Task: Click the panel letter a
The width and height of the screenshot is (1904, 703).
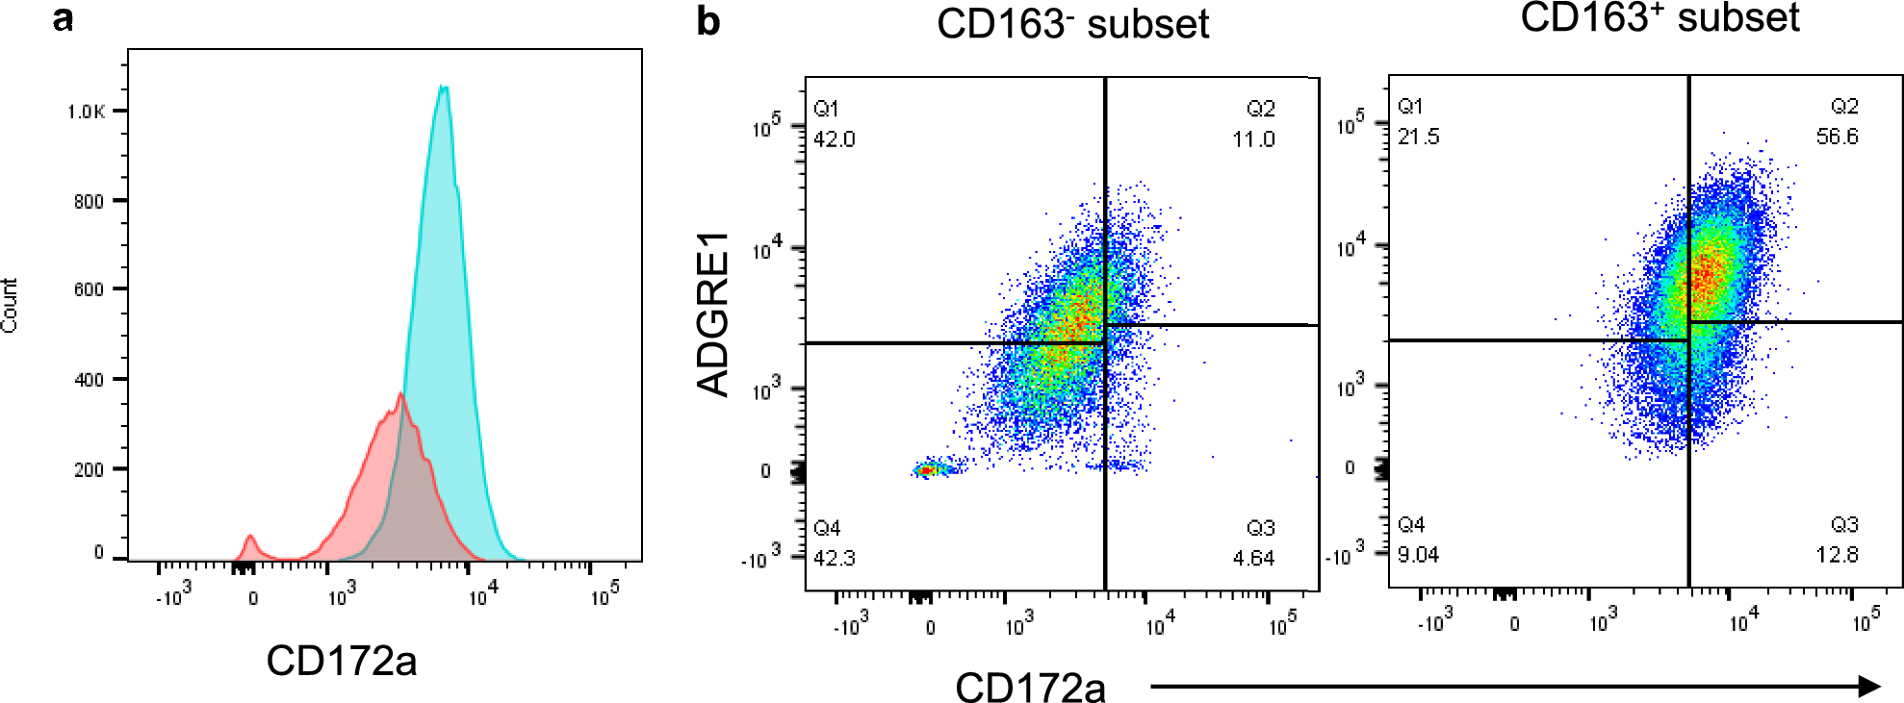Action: pyautogui.click(x=64, y=18)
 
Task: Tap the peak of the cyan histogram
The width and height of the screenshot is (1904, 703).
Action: pyautogui.click(x=443, y=88)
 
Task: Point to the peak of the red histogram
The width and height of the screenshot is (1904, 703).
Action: pyautogui.click(x=399, y=393)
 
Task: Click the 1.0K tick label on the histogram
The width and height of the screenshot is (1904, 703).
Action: pyautogui.click(x=86, y=112)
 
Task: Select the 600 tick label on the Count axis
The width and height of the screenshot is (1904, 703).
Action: pyautogui.click(x=89, y=289)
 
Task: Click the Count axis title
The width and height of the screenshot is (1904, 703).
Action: pyautogui.click(x=10, y=306)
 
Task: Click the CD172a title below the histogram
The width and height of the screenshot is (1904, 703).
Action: pyautogui.click(x=341, y=661)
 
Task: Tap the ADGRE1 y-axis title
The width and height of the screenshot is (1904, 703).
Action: pyautogui.click(x=713, y=314)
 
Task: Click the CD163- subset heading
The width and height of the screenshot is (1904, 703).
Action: pyautogui.click(x=1072, y=24)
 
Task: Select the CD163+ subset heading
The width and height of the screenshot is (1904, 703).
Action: pyautogui.click(x=1660, y=17)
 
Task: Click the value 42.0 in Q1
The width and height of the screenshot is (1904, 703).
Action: pyautogui.click(x=834, y=139)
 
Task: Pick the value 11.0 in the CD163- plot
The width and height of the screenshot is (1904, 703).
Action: pyautogui.click(x=1253, y=139)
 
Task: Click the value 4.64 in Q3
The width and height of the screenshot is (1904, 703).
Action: pyautogui.click(x=1253, y=559)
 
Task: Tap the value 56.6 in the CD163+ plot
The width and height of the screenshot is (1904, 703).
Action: pyautogui.click(x=1837, y=137)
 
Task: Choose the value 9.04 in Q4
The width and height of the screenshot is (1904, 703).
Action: pyautogui.click(x=1418, y=555)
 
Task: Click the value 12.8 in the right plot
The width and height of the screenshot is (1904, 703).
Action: pyautogui.click(x=1837, y=555)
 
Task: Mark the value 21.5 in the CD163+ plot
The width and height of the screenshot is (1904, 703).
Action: pyautogui.click(x=1418, y=137)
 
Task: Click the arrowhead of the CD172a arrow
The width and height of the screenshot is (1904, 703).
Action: pyautogui.click(x=1869, y=686)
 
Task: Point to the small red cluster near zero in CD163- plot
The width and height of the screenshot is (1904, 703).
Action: pyautogui.click(x=926, y=470)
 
